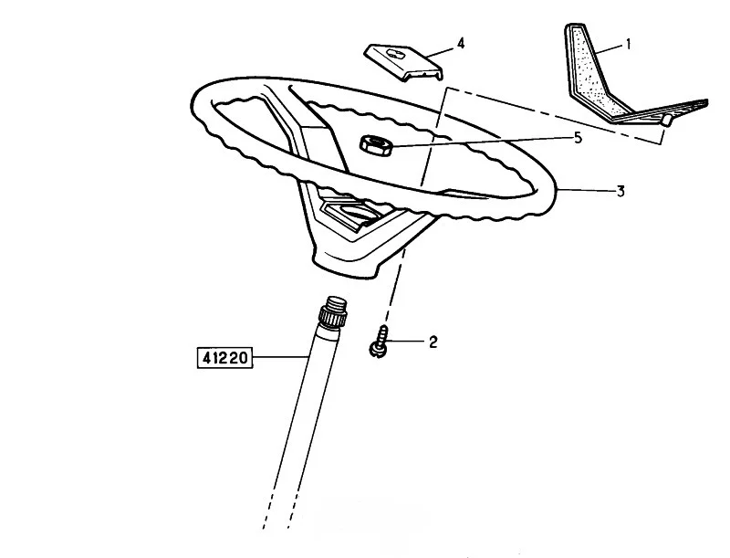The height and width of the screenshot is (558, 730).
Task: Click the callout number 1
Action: [x=628, y=45]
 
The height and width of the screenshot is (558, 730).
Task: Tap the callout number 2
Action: [x=433, y=342]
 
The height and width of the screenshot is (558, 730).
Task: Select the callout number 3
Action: [x=620, y=192]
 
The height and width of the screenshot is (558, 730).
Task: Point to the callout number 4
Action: [x=461, y=43]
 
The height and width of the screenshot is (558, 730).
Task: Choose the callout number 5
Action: [x=578, y=138]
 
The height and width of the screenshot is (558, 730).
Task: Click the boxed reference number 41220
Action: [x=224, y=358]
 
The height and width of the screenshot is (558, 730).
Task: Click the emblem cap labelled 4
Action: [x=403, y=63]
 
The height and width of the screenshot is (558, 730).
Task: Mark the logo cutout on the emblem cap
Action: [x=396, y=54]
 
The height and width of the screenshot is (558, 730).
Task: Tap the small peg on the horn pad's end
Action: [x=667, y=120]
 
